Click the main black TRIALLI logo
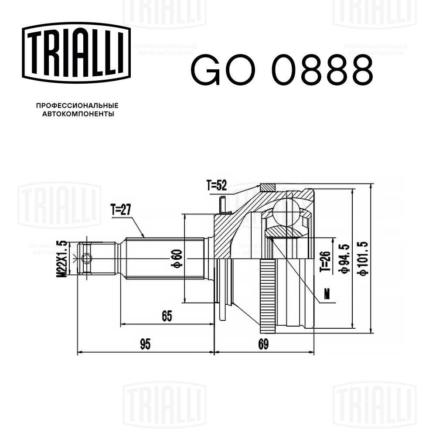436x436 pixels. pyautogui.click(x=77, y=51)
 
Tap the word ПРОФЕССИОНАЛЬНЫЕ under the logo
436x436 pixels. pyautogui.click(x=77, y=106)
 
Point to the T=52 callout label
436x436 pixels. pyautogui.click(x=217, y=186)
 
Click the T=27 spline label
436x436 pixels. pyautogui.click(x=121, y=210)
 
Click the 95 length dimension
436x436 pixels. pyautogui.click(x=145, y=345)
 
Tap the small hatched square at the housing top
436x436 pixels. pyautogui.click(x=268, y=187)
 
